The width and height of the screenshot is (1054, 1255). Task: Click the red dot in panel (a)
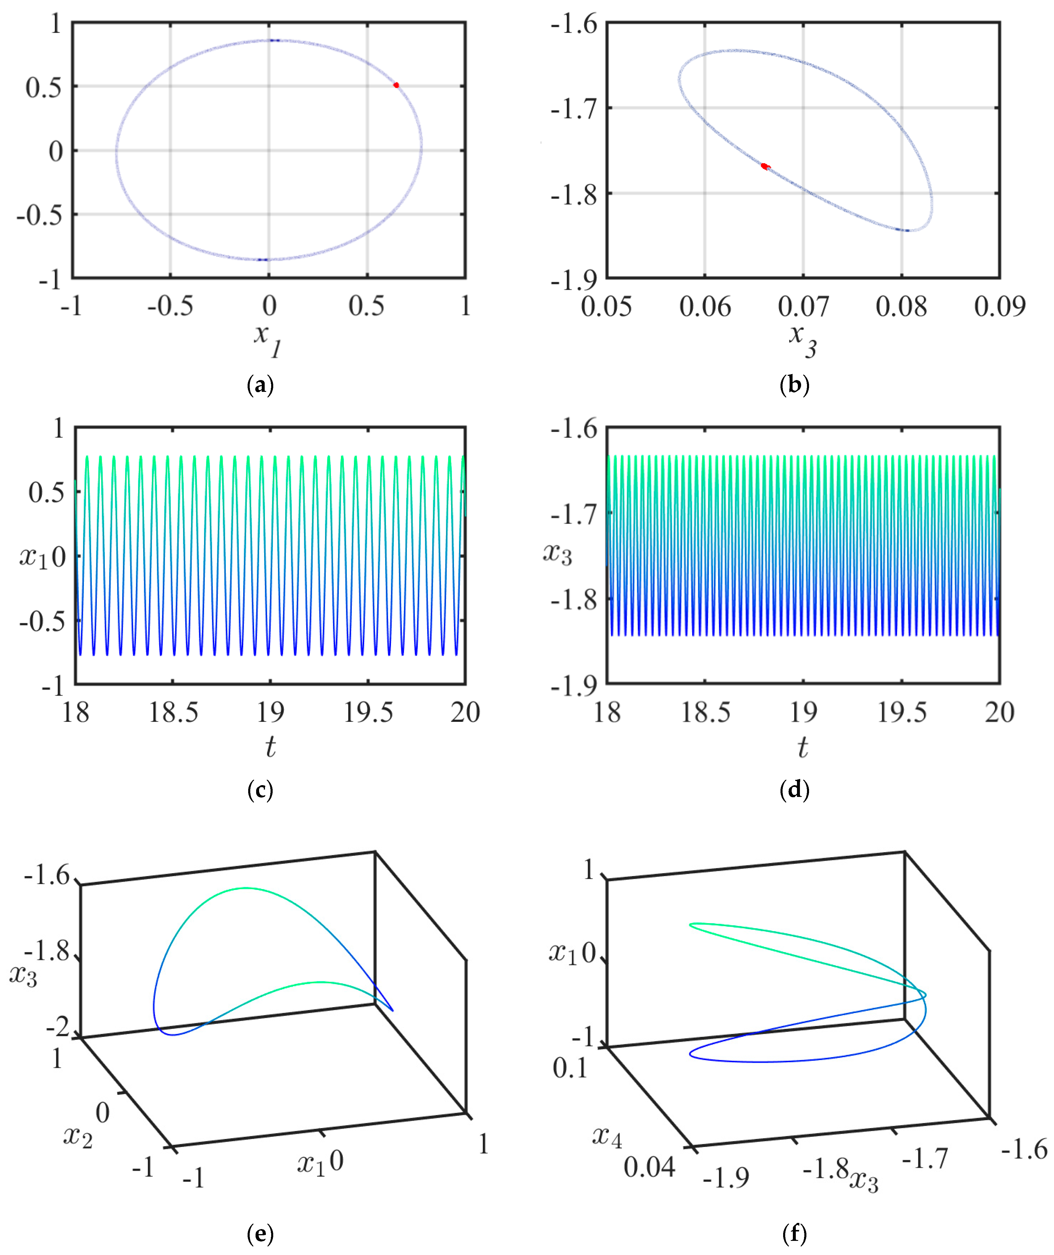[x=396, y=85]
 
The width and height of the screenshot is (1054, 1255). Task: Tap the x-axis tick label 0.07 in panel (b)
[x=803, y=306]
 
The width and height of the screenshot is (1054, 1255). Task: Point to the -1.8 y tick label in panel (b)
[x=574, y=194]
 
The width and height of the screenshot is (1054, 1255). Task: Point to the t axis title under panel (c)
[x=271, y=746]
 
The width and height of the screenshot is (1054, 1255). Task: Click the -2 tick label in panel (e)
[x=58, y=1027]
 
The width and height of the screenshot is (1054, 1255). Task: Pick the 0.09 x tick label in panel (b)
[x=1000, y=306]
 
